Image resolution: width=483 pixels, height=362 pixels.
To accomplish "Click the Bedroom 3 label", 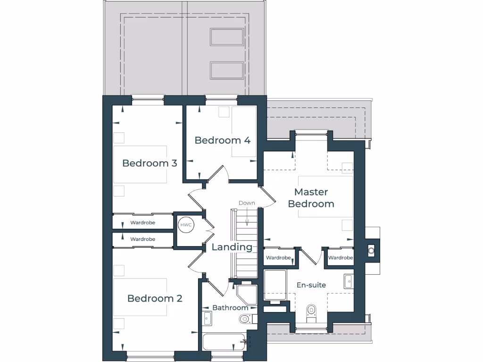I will tap(150, 163).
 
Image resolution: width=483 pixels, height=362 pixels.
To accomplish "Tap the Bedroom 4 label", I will tap(222, 140).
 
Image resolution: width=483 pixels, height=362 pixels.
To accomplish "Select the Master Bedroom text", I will tap(311, 198).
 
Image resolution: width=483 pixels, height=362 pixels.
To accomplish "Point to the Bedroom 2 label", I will tap(155, 298).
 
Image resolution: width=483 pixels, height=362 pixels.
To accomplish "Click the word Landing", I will tap(232, 247).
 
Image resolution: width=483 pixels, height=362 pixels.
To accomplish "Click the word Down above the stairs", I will tap(246, 203).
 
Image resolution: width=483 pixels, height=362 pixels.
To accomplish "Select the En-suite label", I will tap(311, 285).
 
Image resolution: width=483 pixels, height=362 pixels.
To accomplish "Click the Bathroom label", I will tap(230, 308).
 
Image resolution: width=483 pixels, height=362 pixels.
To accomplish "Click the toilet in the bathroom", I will tap(245, 319).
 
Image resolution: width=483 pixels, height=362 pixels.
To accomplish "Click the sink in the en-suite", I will tap(349, 281).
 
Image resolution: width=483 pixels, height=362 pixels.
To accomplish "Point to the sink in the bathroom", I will tap(207, 318).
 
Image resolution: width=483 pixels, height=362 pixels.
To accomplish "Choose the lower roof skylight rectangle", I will tap(227, 70).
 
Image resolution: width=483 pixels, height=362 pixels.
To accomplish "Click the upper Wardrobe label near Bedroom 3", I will tap(142, 222).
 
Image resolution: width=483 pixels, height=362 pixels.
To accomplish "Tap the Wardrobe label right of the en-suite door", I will tap(341, 258).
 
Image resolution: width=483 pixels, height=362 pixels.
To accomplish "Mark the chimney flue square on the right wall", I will tap(371, 250).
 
